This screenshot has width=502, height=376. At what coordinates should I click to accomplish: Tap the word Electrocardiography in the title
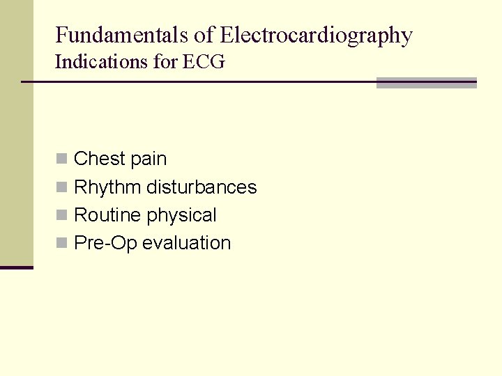click(316, 36)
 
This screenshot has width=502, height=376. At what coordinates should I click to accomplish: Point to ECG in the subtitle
click(204, 62)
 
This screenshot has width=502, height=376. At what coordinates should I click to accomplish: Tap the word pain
click(149, 159)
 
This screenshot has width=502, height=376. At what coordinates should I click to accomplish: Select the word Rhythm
click(107, 187)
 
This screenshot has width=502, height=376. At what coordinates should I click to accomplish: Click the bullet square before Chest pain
click(61, 159)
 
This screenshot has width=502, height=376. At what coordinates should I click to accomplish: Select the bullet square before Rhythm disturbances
click(61, 187)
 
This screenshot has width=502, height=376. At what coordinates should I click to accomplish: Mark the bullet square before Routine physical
click(61, 215)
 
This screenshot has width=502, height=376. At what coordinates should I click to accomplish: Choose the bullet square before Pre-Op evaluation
click(61, 243)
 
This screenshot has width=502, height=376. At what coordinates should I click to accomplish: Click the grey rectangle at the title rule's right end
click(426, 82)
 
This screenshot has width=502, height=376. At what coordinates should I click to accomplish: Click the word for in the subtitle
click(166, 62)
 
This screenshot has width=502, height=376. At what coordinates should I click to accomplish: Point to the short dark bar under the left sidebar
click(16, 267)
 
